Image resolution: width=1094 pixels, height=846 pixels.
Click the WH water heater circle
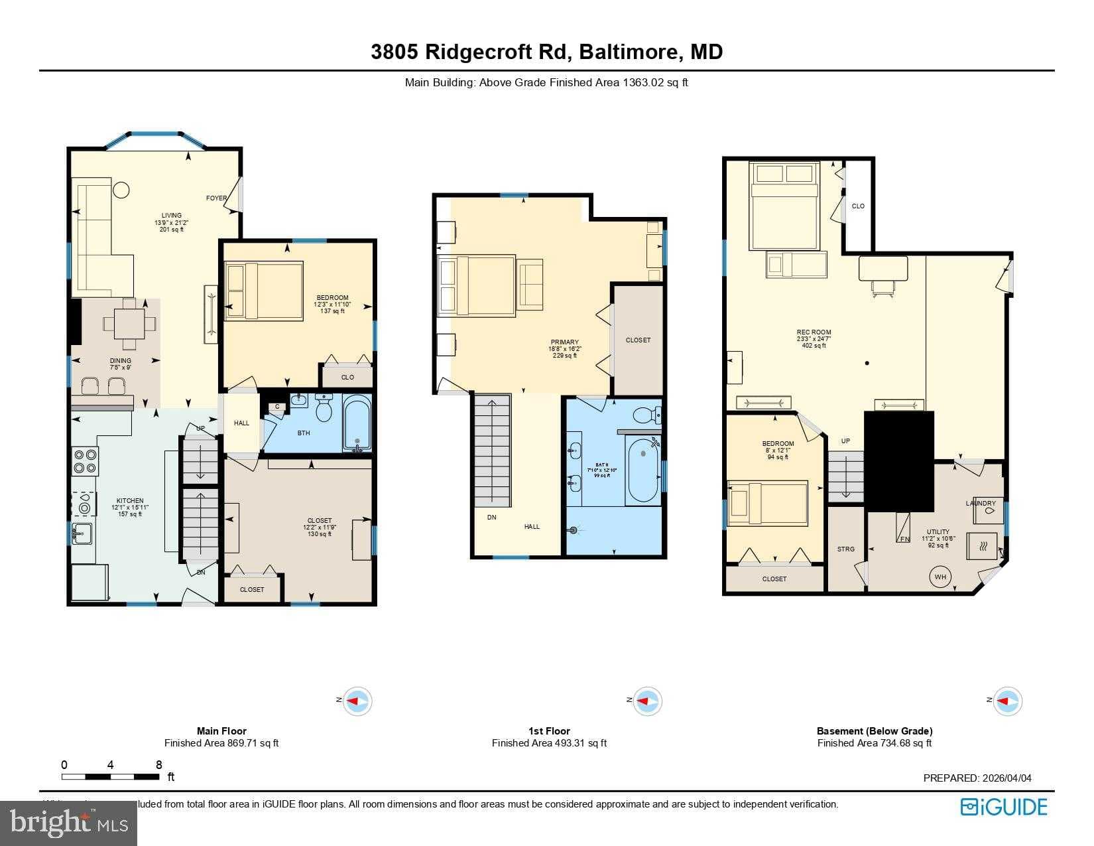click(x=940, y=577)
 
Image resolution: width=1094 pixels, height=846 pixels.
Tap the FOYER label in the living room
click(x=216, y=198)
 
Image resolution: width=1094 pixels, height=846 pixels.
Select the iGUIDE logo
click(x=1004, y=807)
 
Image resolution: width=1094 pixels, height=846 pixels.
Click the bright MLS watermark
click(x=69, y=823)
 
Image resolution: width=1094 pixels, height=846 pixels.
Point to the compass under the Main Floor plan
click(x=357, y=701)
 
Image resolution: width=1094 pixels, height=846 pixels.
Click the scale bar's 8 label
click(x=159, y=764)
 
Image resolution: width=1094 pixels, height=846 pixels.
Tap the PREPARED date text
click(x=977, y=778)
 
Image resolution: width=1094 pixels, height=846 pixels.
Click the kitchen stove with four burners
click(x=85, y=461)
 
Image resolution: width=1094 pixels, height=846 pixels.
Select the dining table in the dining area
click(x=130, y=324)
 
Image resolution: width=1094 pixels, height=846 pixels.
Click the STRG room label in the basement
click(x=845, y=549)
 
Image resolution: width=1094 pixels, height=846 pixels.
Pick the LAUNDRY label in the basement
click(x=981, y=503)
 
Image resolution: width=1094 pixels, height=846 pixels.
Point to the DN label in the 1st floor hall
click(x=491, y=517)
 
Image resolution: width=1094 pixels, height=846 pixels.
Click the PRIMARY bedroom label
click(x=564, y=342)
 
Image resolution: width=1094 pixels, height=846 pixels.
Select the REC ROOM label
click(x=814, y=332)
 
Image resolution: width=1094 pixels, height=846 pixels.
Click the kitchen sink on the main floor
click(x=83, y=532)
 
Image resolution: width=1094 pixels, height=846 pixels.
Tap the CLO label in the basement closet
click(x=858, y=206)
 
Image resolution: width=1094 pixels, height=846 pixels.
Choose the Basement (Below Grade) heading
click(x=874, y=731)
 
